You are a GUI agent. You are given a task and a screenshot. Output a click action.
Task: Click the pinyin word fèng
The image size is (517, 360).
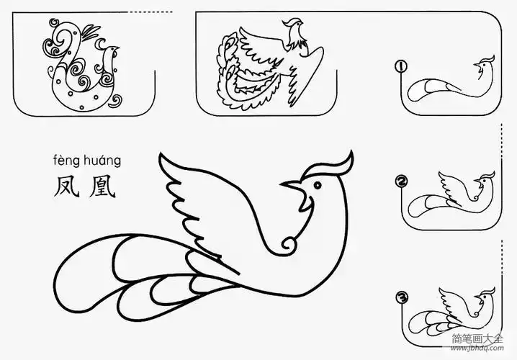(66, 160)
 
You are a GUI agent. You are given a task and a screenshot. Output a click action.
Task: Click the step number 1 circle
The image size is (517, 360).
(401, 68)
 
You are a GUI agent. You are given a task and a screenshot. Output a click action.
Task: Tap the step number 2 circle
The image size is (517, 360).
(401, 181)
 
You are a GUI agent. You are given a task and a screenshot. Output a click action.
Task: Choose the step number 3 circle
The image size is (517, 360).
(401, 296)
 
